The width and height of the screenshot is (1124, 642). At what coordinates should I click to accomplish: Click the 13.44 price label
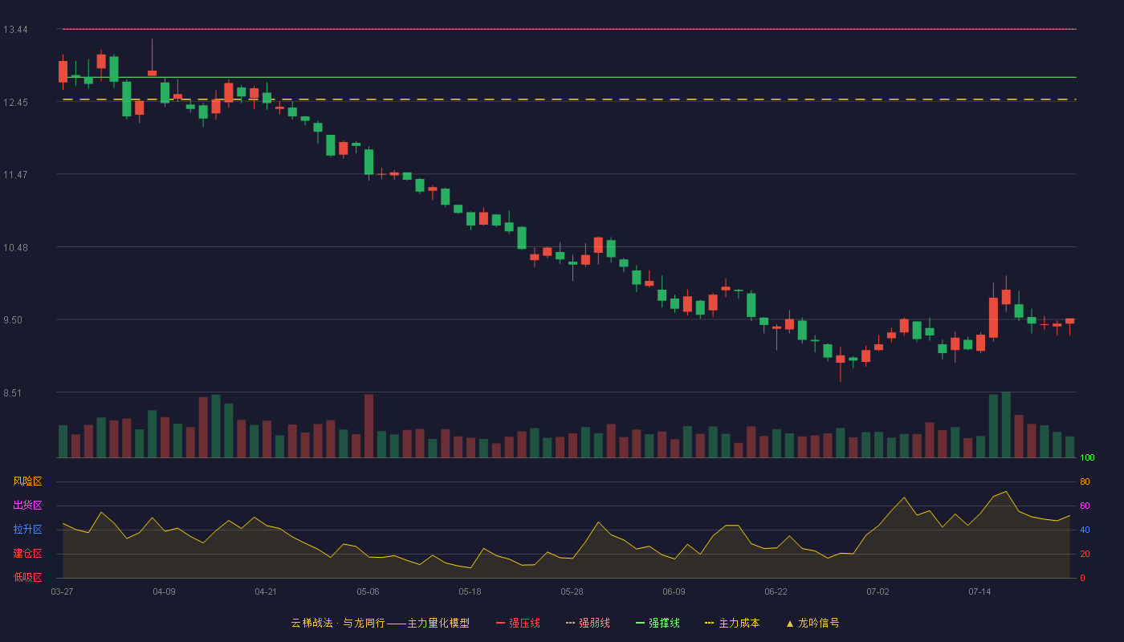(x=15, y=30)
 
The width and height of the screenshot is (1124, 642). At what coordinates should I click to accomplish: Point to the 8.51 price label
(x=13, y=393)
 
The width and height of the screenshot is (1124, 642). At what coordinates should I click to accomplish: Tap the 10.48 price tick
(x=15, y=248)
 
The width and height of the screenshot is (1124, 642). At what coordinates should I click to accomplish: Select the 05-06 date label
(x=368, y=592)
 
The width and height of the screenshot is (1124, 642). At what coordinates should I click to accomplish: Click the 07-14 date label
(x=979, y=592)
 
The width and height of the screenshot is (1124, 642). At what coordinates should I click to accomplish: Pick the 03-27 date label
(x=63, y=592)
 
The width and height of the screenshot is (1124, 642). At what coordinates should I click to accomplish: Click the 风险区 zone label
(x=27, y=481)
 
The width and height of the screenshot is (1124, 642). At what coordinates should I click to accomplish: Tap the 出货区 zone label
(x=27, y=505)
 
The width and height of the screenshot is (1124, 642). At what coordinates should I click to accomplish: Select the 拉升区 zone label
(x=27, y=529)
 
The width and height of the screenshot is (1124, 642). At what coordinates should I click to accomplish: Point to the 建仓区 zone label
(x=27, y=553)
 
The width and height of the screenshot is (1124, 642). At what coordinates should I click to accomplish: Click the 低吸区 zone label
(x=27, y=577)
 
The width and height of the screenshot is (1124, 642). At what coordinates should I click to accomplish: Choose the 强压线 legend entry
(x=518, y=623)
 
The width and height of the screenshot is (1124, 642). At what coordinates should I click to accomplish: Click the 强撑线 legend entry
(x=658, y=623)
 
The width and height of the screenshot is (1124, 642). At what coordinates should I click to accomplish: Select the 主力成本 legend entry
(x=732, y=623)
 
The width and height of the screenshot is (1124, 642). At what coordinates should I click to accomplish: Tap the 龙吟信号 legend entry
(x=812, y=623)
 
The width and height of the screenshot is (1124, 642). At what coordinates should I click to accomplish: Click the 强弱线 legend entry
(x=588, y=623)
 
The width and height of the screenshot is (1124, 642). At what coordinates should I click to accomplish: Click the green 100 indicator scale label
(x=1087, y=457)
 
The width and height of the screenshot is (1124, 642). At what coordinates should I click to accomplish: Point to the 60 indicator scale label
(x=1085, y=506)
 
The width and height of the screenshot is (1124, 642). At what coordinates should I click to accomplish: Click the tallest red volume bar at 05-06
(x=369, y=426)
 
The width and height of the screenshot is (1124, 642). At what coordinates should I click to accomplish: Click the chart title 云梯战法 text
(x=312, y=623)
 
